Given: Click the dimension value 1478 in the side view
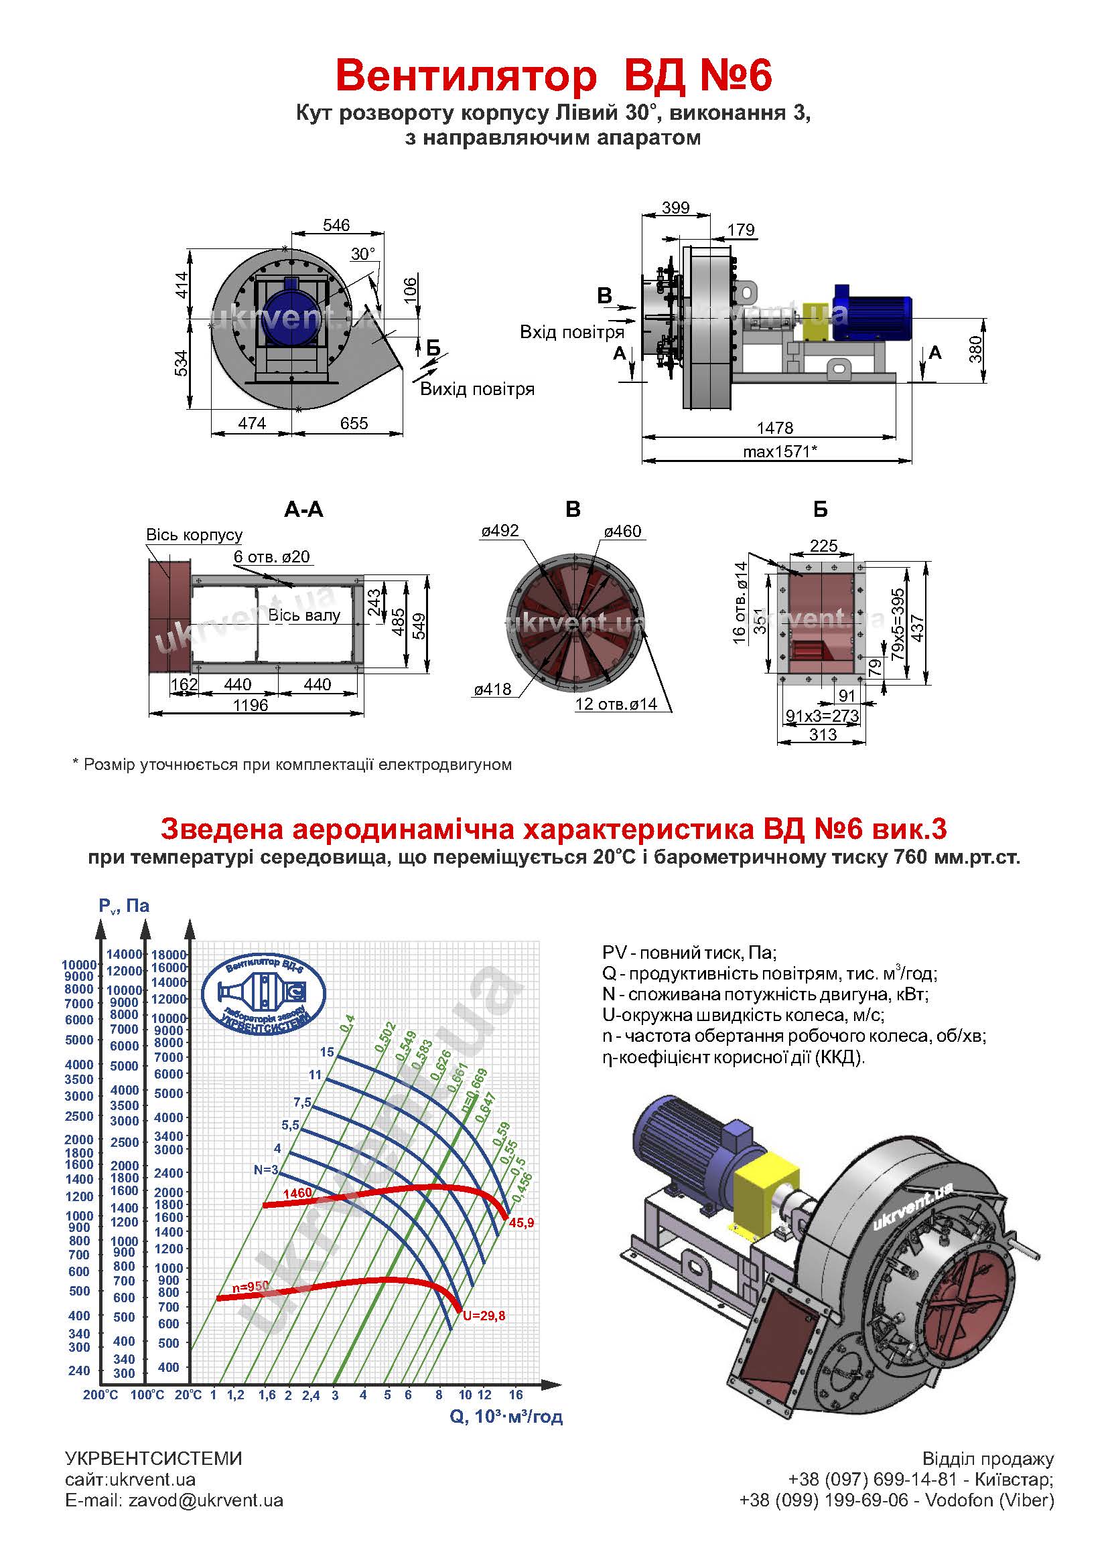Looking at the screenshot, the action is (774, 428).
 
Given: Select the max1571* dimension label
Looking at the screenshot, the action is (780, 451).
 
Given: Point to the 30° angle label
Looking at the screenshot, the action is (363, 254).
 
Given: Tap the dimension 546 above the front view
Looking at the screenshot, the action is (336, 225).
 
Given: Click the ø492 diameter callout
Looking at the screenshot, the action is (500, 531).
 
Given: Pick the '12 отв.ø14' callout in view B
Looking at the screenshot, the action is (616, 704).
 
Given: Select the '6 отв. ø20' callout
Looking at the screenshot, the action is (271, 556).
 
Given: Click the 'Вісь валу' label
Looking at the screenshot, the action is (303, 615).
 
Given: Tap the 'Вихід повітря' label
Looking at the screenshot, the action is (477, 389).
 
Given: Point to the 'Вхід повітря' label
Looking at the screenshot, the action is (571, 332).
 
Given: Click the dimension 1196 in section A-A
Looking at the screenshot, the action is (251, 704).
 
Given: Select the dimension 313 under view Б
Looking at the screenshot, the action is (823, 734).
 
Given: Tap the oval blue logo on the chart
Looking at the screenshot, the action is (263, 991).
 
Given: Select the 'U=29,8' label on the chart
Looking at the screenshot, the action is (484, 1316).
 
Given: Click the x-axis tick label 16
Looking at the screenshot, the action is (516, 1394).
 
